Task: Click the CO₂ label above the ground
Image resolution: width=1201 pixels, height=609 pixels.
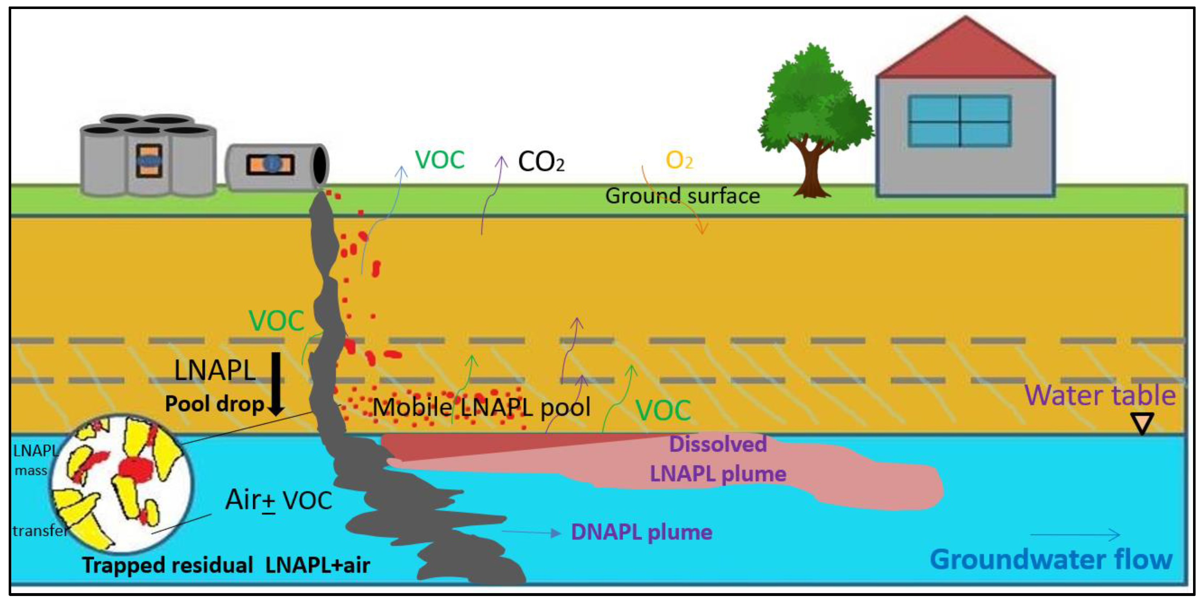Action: pos(541,162)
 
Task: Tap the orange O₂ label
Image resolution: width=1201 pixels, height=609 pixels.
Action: pos(679,161)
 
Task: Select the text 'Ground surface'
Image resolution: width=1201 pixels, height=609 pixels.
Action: pos(682,196)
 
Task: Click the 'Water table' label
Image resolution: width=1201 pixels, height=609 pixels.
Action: pos(1100,396)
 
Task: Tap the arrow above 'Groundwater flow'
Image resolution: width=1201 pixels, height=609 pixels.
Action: pos(1075,535)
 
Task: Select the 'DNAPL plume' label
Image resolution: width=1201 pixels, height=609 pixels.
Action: pos(642,532)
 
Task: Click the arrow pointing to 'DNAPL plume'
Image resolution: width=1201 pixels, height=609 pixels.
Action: pos(532,532)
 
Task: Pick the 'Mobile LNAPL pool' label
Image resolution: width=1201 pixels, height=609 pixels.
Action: pos(481,407)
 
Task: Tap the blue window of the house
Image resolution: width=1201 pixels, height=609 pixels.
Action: pos(960,121)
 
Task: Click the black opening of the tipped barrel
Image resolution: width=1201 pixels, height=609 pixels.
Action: pos(320,165)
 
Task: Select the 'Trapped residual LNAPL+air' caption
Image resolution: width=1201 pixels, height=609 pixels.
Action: pos(226,565)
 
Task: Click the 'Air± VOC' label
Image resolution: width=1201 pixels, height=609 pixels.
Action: pos(278,500)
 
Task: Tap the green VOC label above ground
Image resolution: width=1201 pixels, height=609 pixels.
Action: pos(439,160)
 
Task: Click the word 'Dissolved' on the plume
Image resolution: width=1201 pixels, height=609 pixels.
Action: pos(717,444)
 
